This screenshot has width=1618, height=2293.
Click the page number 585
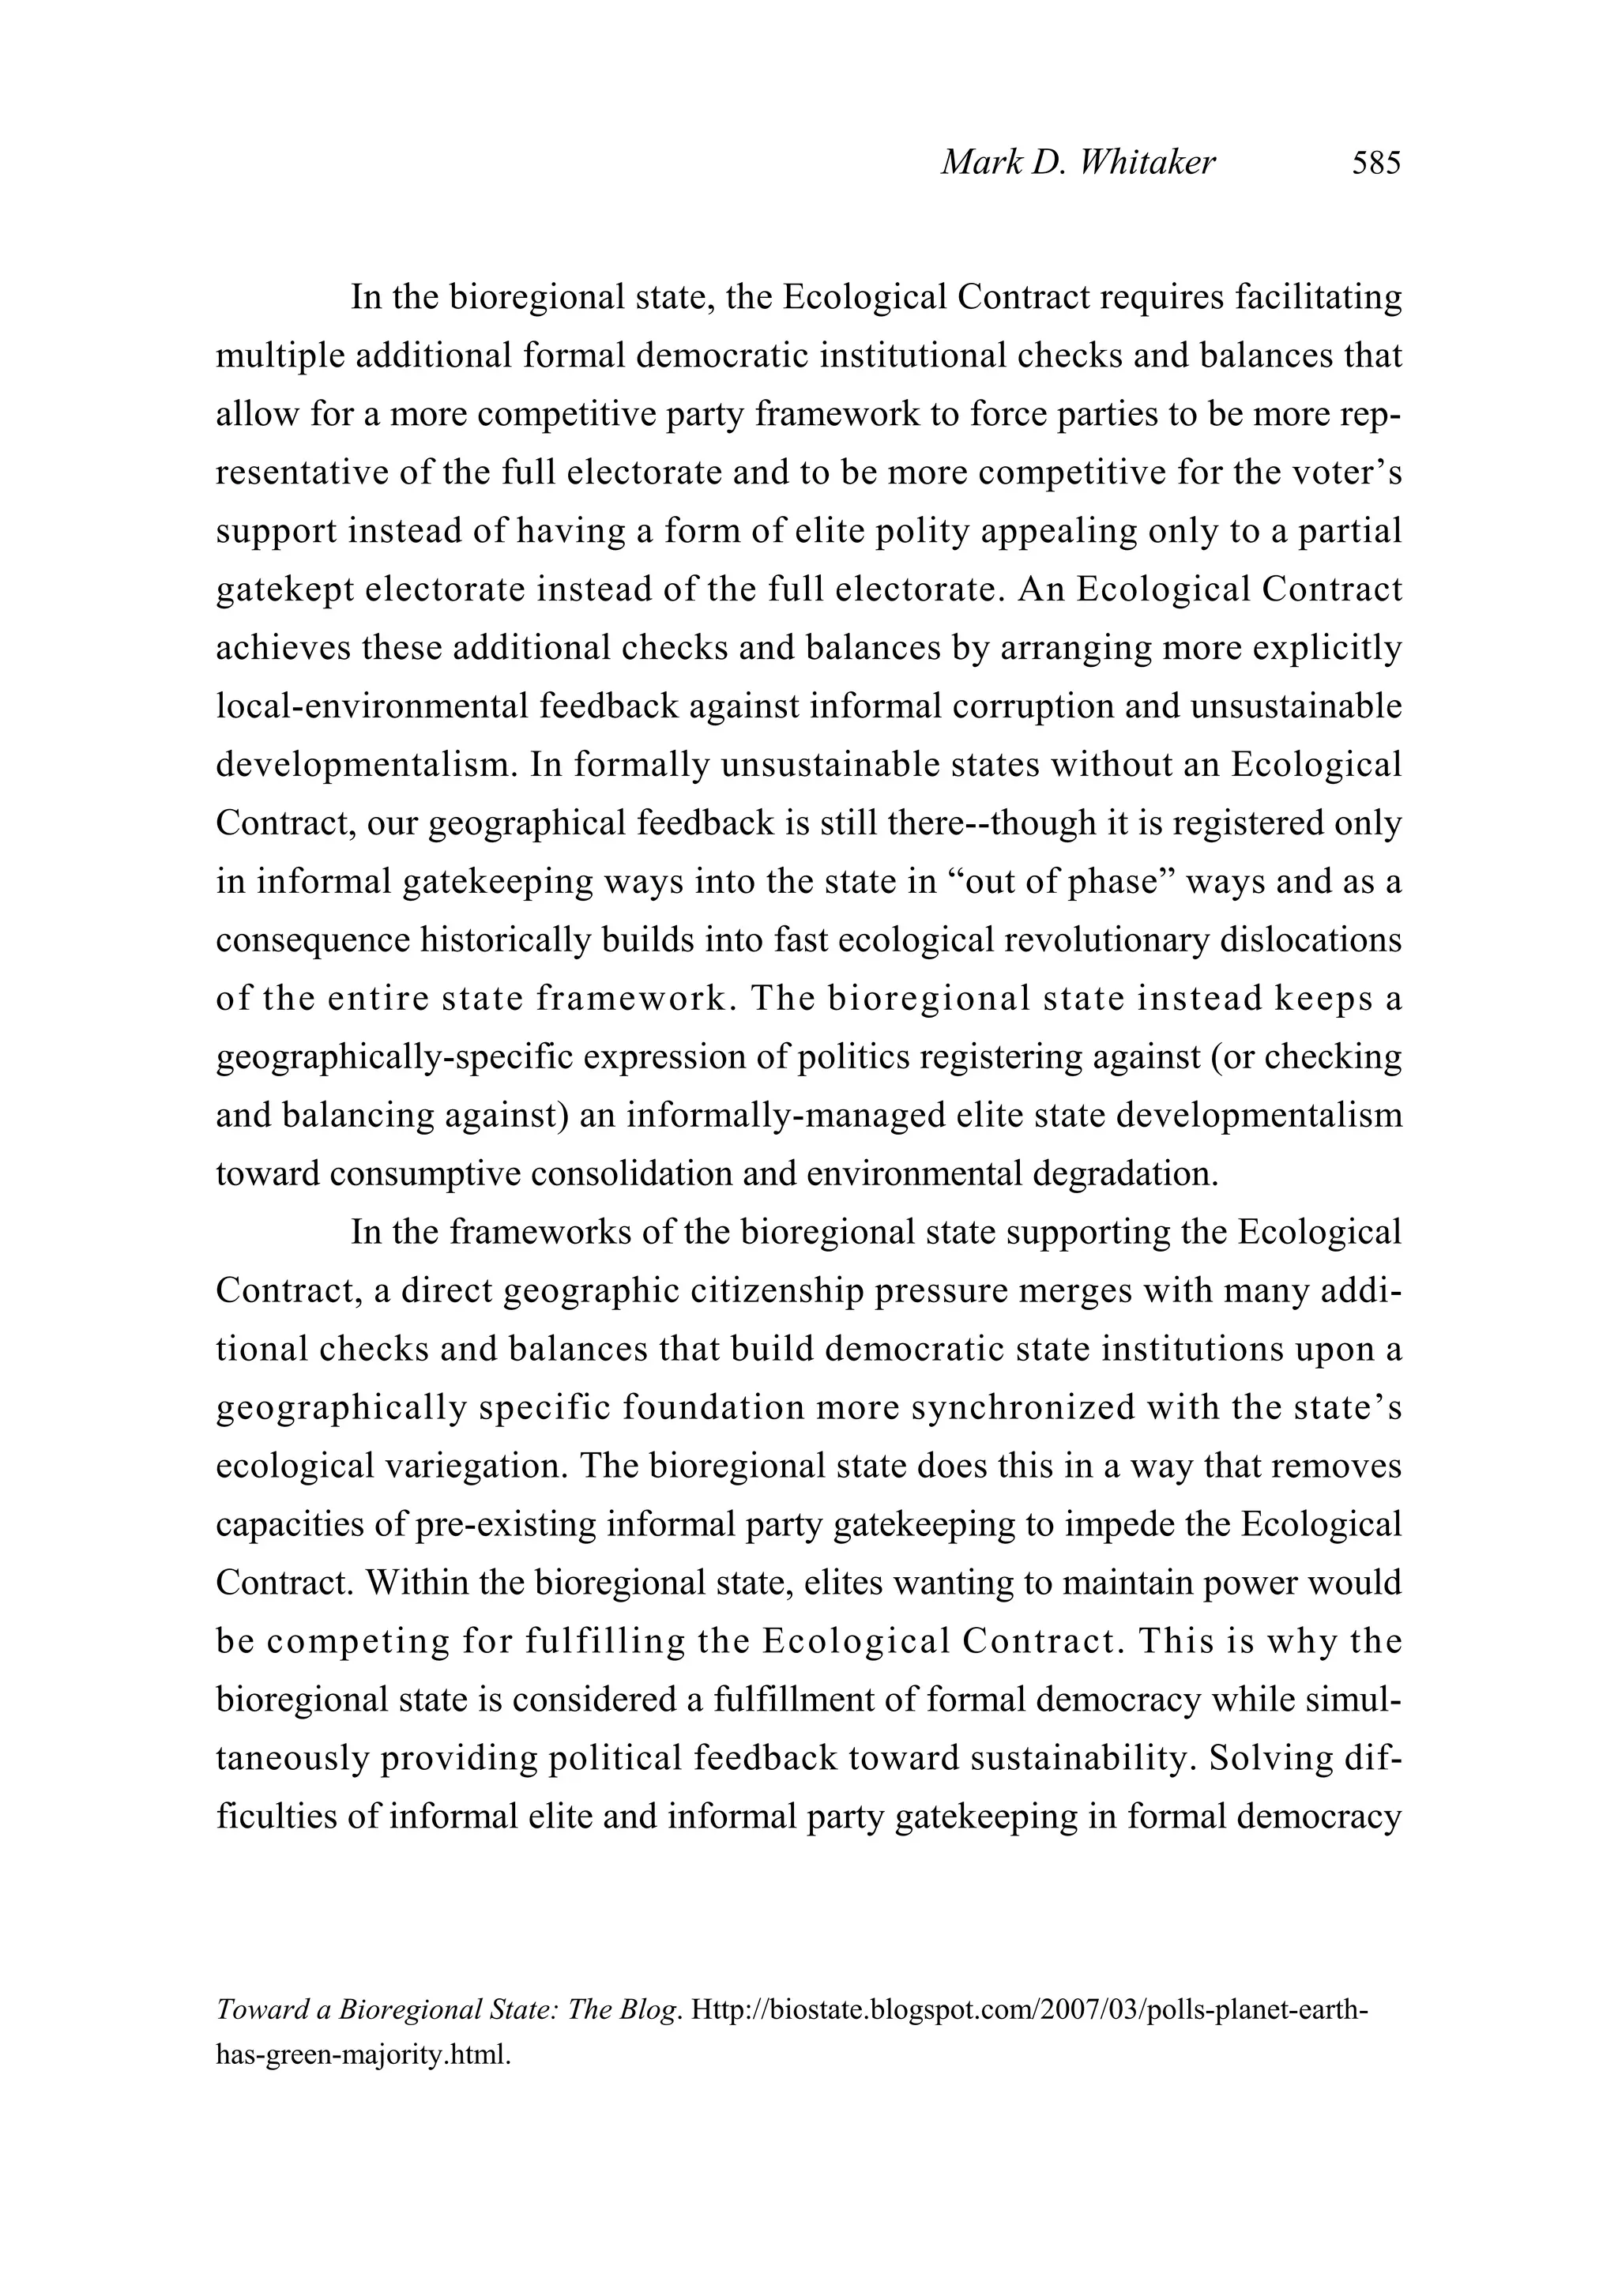tap(1376, 163)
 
